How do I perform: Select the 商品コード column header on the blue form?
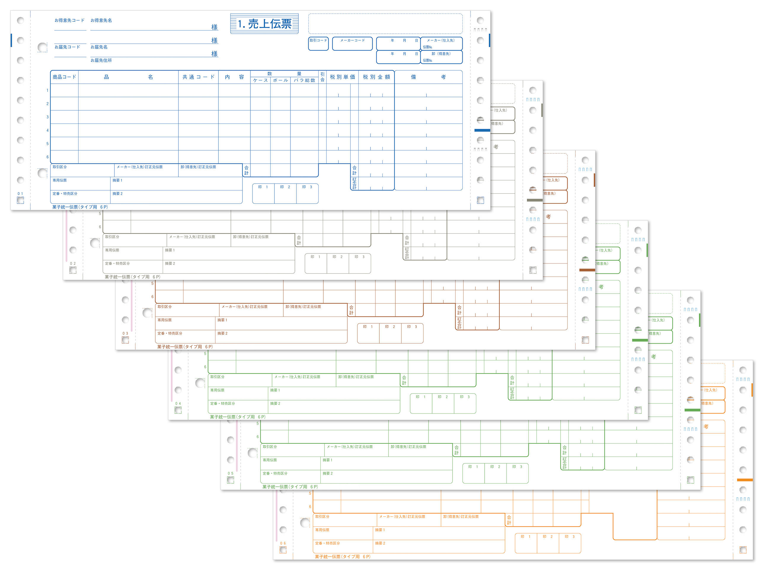click(64, 77)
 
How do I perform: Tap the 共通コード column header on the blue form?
click(198, 77)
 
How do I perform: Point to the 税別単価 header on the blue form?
click(342, 77)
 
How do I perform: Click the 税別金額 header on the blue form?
click(376, 77)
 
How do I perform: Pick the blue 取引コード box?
click(318, 44)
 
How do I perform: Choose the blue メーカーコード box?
click(352, 44)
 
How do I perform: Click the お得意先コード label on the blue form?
click(69, 20)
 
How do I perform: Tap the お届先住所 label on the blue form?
click(101, 60)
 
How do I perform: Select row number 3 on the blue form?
click(48, 117)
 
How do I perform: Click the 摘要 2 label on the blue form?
click(117, 194)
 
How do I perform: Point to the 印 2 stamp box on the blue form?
click(285, 193)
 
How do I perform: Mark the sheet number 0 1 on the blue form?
click(20, 194)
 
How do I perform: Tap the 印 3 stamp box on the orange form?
click(570, 543)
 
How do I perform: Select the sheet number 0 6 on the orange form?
click(283, 543)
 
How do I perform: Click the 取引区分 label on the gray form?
click(112, 237)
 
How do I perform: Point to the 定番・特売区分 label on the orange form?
click(327, 543)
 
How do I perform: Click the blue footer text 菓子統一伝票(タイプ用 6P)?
click(80, 207)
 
